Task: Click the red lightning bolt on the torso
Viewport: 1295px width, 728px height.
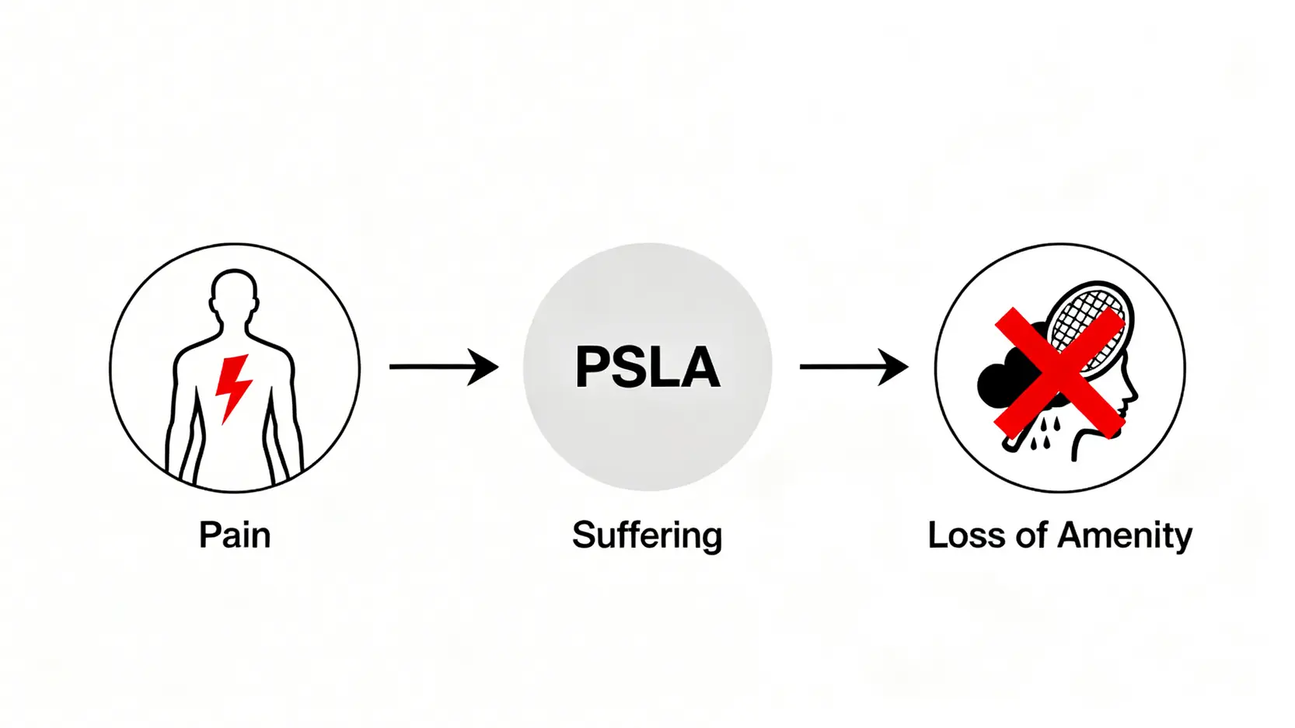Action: pyautogui.click(x=233, y=386)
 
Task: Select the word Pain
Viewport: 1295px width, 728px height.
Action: pyautogui.click(x=234, y=535)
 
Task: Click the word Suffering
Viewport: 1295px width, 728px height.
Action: pyautogui.click(x=647, y=536)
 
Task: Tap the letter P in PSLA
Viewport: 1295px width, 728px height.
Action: pyautogui.click(x=592, y=367)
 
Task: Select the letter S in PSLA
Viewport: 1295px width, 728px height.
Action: pyautogui.click(x=630, y=367)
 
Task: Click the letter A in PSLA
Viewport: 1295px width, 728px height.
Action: pyautogui.click(x=699, y=367)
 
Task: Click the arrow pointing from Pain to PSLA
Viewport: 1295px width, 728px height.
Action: pyautogui.click(x=443, y=367)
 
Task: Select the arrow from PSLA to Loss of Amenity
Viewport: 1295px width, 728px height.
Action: pyautogui.click(x=853, y=367)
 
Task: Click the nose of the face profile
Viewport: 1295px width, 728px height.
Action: pyautogui.click(x=1133, y=393)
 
